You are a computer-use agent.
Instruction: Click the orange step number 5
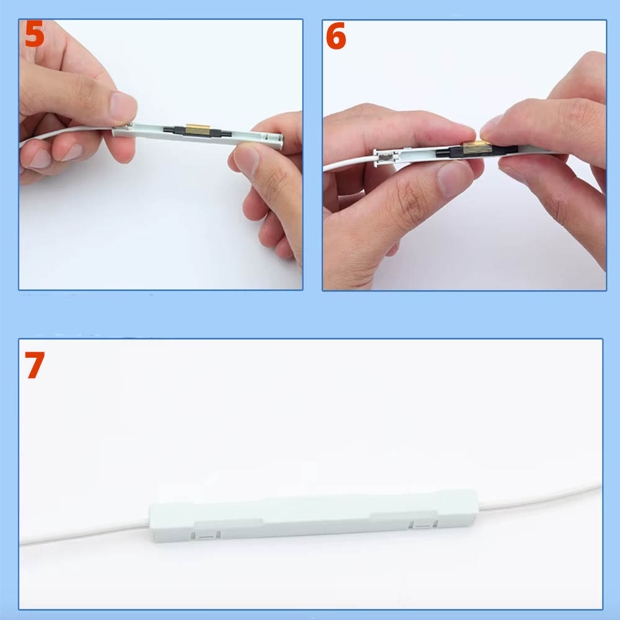click(34, 34)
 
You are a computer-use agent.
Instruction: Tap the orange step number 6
click(335, 35)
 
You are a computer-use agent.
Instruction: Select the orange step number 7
click(34, 365)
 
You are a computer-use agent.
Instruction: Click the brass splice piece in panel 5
click(198, 130)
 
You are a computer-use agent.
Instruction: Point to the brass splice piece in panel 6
click(477, 147)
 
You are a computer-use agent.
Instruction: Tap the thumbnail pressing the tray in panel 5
click(122, 107)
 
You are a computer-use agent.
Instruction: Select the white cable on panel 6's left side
click(348, 162)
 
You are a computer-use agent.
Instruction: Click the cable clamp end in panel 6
click(384, 157)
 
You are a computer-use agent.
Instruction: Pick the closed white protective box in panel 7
click(314, 516)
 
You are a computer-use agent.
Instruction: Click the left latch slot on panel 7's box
click(206, 536)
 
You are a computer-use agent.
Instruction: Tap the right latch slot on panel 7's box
click(423, 525)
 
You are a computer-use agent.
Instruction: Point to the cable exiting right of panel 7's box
click(540, 497)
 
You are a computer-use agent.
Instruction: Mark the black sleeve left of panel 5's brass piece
click(175, 130)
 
